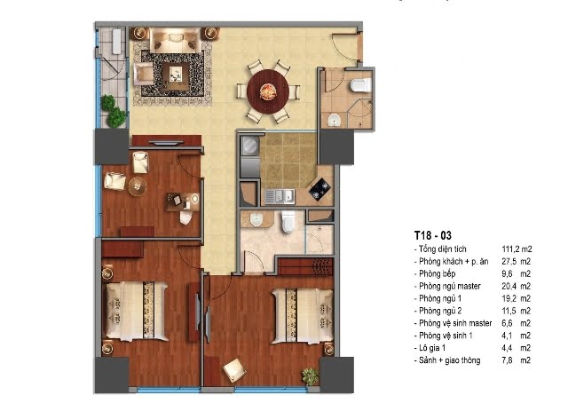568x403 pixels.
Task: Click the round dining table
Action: point(268,91)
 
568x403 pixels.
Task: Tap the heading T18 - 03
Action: point(433,235)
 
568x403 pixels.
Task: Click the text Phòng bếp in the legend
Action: point(437,273)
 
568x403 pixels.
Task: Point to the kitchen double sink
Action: point(280,195)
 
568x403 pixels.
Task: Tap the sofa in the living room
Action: point(176,41)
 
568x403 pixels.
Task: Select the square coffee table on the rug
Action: point(176,76)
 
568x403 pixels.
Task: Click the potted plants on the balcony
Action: point(114,111)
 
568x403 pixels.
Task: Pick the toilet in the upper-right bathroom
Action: point(361,85)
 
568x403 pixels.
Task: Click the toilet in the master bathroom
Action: point(288,221)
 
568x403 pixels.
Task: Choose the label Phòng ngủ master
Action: point(450,286)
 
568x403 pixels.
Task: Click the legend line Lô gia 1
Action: point(432,348)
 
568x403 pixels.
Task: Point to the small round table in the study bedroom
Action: point(138,186)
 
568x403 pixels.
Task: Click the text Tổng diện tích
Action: point(442,249)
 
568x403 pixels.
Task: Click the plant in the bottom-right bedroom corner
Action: point(311,376)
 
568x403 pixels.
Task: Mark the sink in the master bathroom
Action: point(256,219)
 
